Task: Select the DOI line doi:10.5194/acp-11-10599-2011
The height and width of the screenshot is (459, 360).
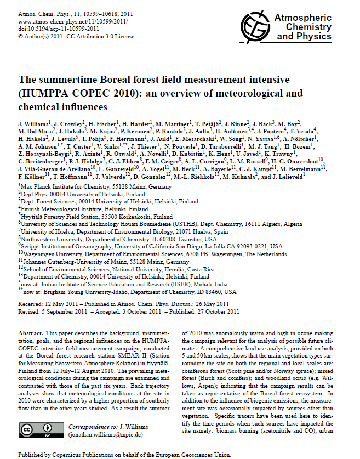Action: [x=59, y=28]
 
